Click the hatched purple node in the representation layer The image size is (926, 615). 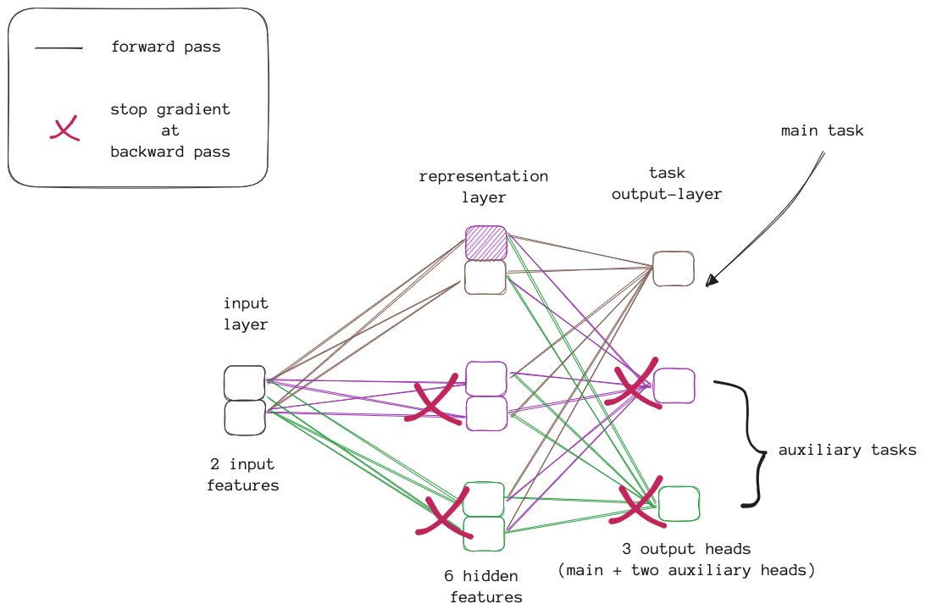tap(486, 243)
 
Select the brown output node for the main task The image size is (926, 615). tap(674, 269)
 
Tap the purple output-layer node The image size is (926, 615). tap(674, 385)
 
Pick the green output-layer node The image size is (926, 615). tap(679, 503)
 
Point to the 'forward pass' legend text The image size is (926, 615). tap(165, 47)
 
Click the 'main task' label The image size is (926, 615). tap(822, 131)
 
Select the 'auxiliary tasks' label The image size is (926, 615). tap(847, 450)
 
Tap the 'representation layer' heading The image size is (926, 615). tap(484, 187)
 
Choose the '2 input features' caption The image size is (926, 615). tap(242, 475)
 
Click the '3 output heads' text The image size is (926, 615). tap(685, 549)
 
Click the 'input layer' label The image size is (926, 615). tap(246, 313)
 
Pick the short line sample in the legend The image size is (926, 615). tap(58, 48)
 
